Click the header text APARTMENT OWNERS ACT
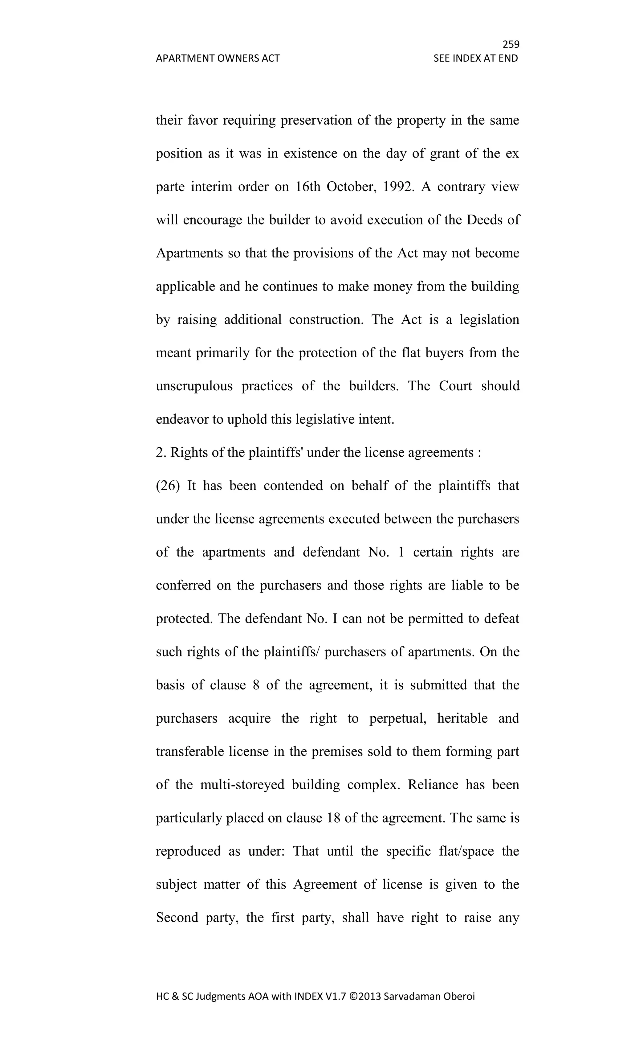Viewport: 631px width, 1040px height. pos(218,58)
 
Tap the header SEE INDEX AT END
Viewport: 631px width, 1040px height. pos(475,58)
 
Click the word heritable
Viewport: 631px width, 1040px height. pos(462,718)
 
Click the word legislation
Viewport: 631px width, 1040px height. pos(489,319)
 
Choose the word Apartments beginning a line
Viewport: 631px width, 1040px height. pos(190,253)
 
